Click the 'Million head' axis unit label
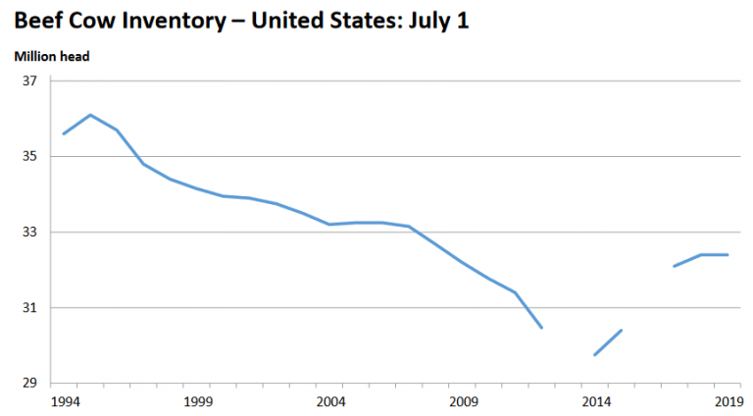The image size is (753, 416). coord(52,57)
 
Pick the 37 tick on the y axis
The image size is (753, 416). coord(29,80)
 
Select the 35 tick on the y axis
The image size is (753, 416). coord(29,156)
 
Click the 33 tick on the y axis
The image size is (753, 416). coord(29,233)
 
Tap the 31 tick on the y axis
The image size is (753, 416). coord(29,308)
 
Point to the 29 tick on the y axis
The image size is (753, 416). coord(29,384)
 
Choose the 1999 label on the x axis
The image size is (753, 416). coord(196,402)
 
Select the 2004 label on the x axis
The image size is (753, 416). coord(329,402)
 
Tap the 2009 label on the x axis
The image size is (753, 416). coord(462,402)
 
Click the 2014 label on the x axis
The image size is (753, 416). coord(595,402)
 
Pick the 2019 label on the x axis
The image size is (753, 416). coord(728,402)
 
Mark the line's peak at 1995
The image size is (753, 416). coord(90,115)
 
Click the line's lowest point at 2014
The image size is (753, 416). coord(595,355)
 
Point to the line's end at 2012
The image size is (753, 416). coord(542,328)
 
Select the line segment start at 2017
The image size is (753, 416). coord(675,266)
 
